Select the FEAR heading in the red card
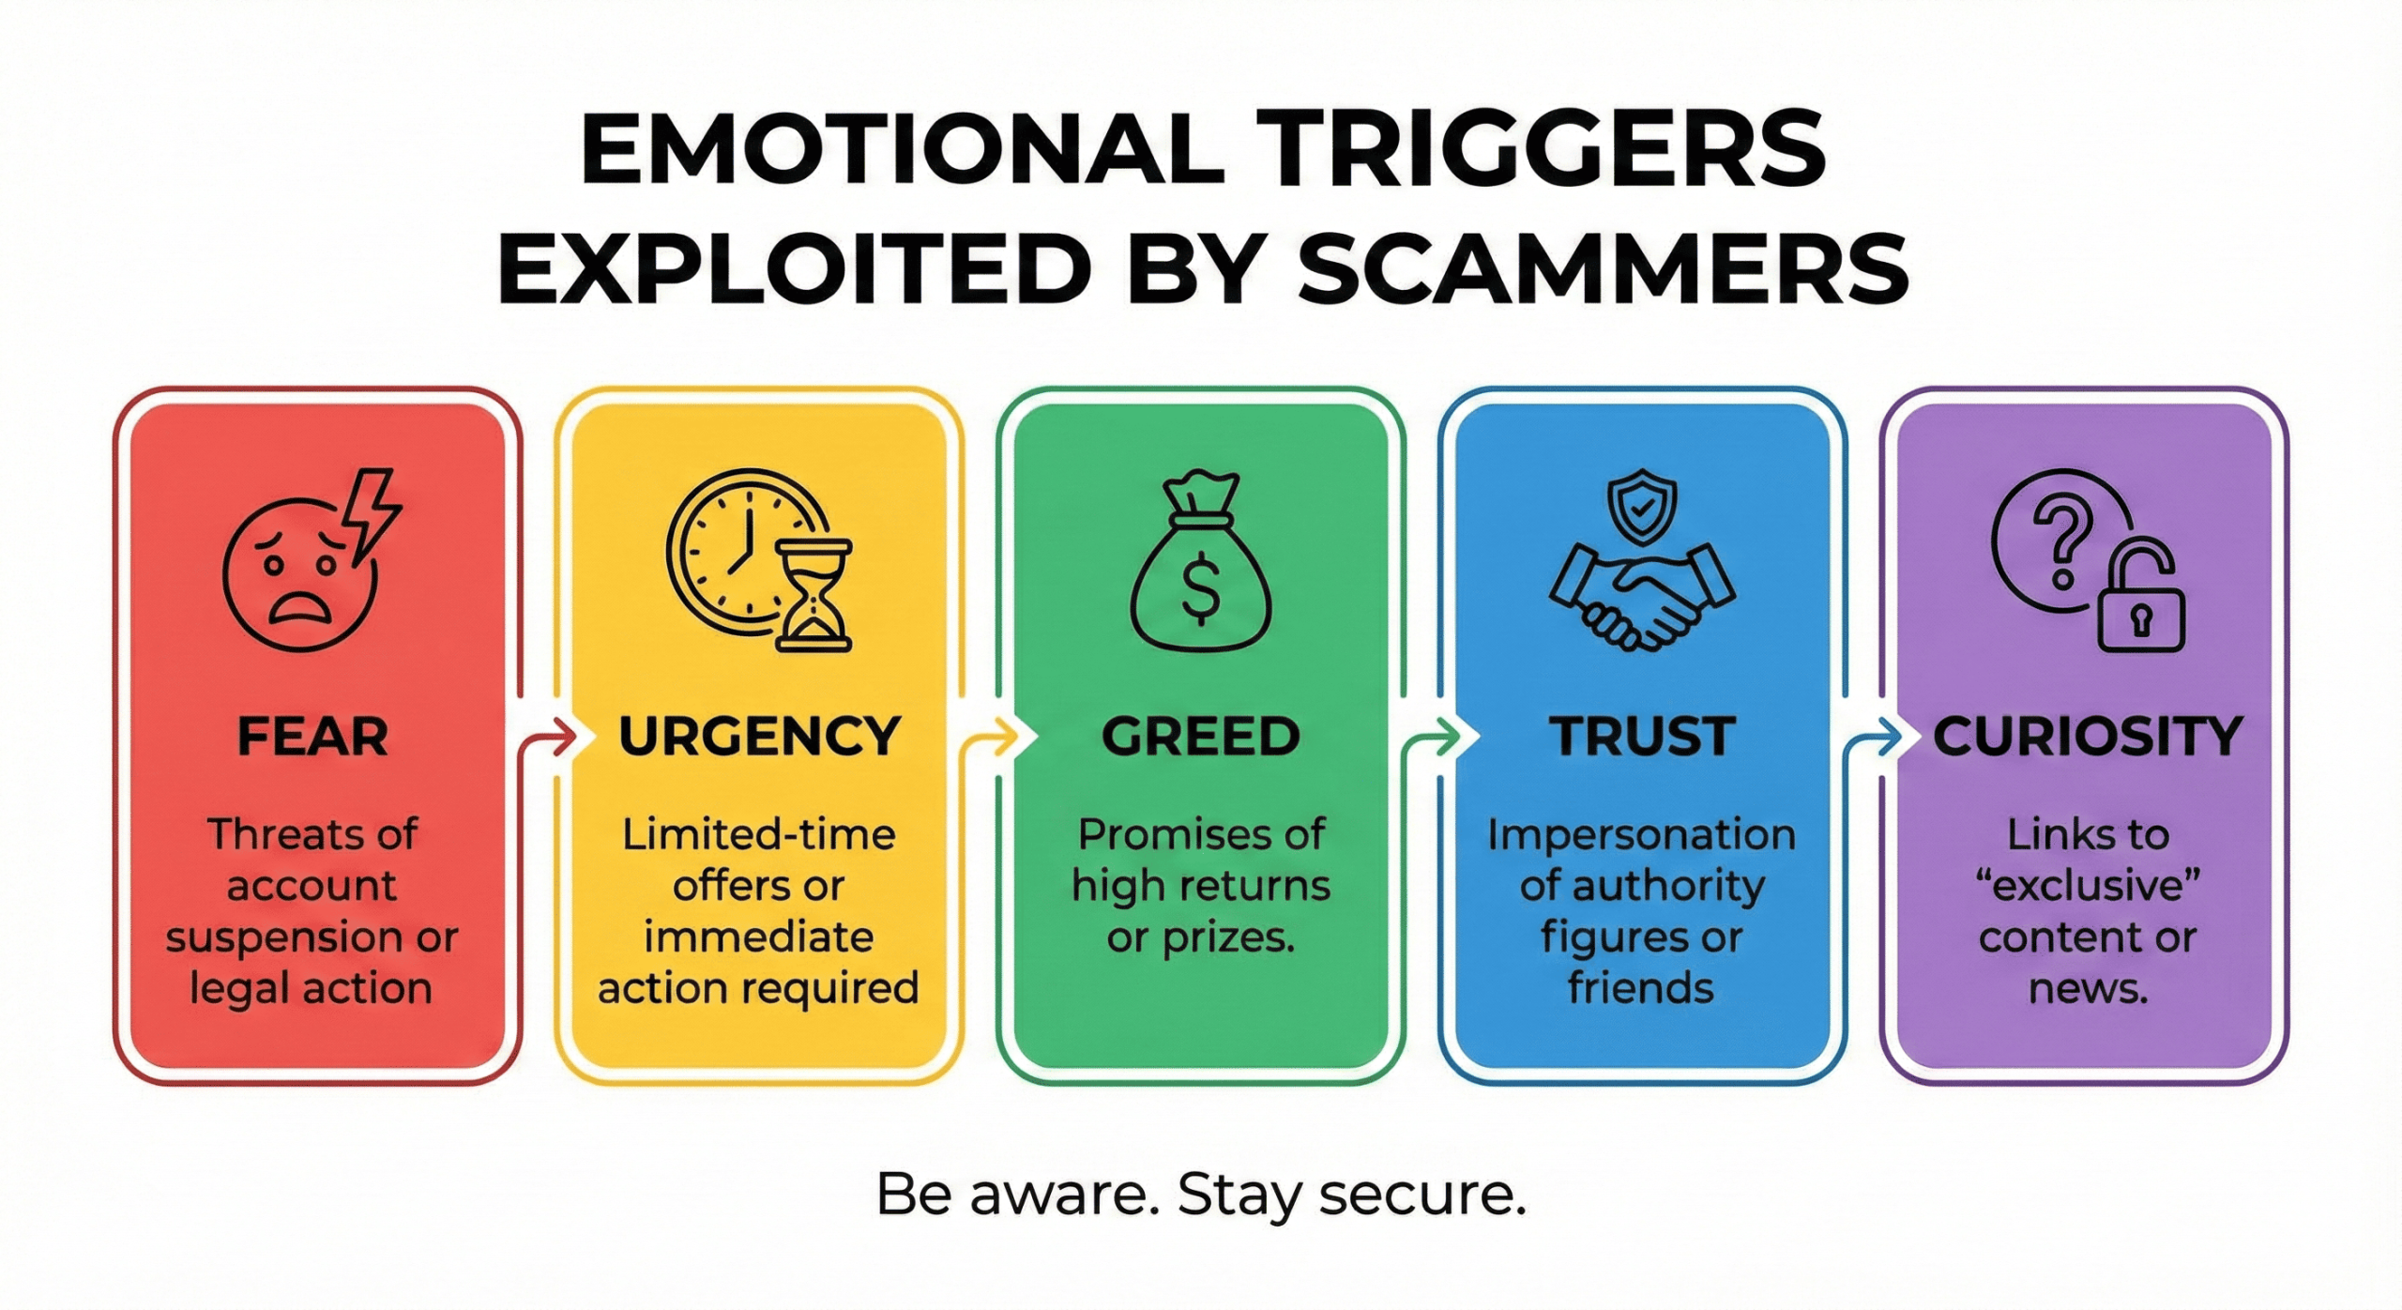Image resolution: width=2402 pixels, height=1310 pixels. (x=312, y=737)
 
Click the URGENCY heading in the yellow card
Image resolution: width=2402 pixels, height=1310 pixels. (x=759, y=737)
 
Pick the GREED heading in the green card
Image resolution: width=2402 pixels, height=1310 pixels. (x=1201, y=737)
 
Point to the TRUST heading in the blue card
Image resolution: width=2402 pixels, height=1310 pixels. (x=1642, y=737)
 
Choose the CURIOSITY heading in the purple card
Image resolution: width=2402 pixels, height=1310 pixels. (x=2088, y=737)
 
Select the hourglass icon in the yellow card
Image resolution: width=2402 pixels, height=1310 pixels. (x=813, y=595)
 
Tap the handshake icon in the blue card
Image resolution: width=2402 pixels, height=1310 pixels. (x=1641, y=598)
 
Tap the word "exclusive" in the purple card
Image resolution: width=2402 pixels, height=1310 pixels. (x=2088, y=886)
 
